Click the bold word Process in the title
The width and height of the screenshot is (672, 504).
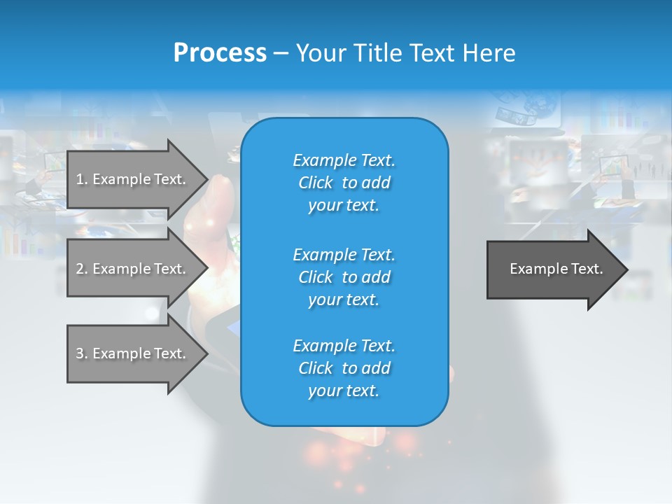click(x=220, y=53)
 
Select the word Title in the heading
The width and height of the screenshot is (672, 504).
click(x=379, y=52)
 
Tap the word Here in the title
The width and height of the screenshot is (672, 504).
click(x=489, y=52)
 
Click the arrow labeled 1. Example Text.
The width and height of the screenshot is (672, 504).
click(x=137, y=180)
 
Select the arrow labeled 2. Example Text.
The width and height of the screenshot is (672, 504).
click(x=137, y=268)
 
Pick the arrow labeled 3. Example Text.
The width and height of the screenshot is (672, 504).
click(x=137, y=353)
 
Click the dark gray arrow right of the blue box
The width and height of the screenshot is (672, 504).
click(x=557, y=269)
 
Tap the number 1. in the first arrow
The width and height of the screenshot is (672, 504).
click(x=82, y=179)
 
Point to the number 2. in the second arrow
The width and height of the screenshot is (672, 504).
click(x=82, y=269)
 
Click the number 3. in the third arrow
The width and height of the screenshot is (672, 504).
click(x=82, y=353)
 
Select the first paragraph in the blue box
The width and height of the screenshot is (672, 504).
click(x=344, y=183)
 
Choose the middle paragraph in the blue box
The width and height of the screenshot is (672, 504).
click(x=344, y=277)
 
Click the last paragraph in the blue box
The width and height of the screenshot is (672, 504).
click(x=344, y=368)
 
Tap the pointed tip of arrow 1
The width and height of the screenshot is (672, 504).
click(x=208, y=180)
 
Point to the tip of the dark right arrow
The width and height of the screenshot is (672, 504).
click(x=628, y=269)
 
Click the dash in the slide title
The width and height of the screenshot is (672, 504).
click(x=281, y=55)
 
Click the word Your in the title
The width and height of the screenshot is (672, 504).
click(x=322, y=52)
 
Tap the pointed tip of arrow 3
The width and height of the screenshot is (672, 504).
click(x=208, y=353)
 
